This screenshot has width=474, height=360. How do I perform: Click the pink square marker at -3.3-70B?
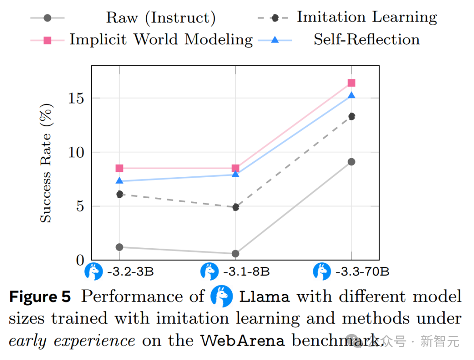pyautogui.click(x=351, y=83)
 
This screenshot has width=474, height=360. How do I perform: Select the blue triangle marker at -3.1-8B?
pyautogui.click(x=235, y=174)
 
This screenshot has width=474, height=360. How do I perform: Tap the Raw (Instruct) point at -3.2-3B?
pyautogui.click(x=119, y=247)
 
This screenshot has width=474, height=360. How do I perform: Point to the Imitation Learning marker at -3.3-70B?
pyautogui.click(x=351, y=116)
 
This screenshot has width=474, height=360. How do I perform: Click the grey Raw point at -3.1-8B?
pyautogui.click(x=235, y=253)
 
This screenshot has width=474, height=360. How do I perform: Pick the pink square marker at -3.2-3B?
pyautogui.click(x=119, y=168)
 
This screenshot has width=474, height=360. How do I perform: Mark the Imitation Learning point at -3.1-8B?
pyautogui.click(x=235, y=207)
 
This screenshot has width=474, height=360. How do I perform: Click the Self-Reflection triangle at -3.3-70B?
pyautogui.click(x=351, y=95)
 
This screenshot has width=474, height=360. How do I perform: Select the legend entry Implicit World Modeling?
pyautogui.click(x=161, y=39)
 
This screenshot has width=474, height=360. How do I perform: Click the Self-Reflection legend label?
pyautogui.click(x=366, y=39)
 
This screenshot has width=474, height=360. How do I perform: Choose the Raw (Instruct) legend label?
pyautogui.click(x=161, y=18)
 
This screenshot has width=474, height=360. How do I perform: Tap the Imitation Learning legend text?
pyautogui.click(x=366, y=17)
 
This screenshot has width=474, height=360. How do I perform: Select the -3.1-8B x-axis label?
pyautogui.click(x=246, y=272)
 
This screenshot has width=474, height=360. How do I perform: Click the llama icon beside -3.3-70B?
pyautogui.click(x=322, y=271)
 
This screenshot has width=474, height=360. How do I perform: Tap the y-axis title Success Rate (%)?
pyautogui.click(x=46, y=163)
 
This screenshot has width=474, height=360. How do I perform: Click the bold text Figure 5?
pyautogui.click(x=40, y=297)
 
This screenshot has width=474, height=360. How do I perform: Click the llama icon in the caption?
pyautogui.click(x=221, y=296)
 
